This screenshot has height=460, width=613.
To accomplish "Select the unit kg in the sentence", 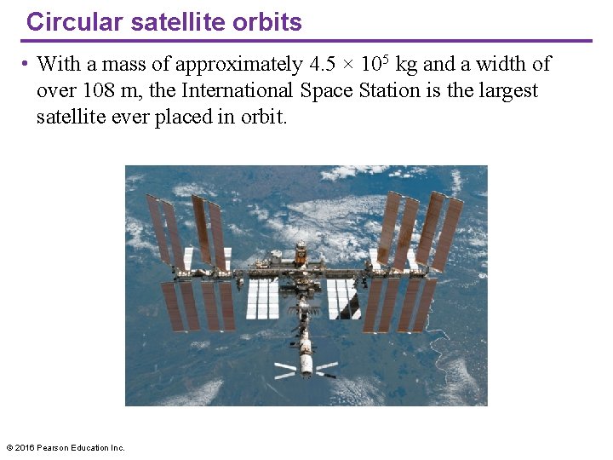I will click(x=406, y=65).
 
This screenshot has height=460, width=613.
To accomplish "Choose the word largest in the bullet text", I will click(x=506, y=90).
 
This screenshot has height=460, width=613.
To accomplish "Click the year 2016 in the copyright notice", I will click(x=26, y=447).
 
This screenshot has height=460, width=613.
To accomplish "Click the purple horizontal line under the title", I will click(x=306, y=40).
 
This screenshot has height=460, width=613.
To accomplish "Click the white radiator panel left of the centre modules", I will click(x=262, y=299).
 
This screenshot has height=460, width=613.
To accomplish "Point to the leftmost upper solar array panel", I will click(x=157, y=228).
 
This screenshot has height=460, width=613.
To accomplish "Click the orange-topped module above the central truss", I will click(x=301, y=252).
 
